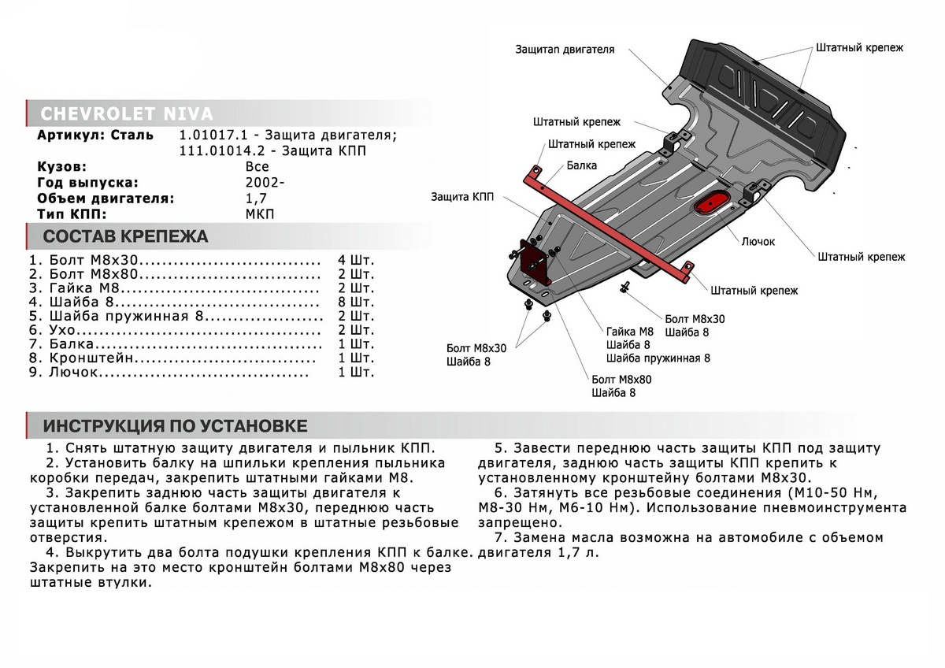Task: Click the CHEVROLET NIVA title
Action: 126,113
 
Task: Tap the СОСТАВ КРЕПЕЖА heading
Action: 125,237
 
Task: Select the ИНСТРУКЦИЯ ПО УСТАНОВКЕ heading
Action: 175,426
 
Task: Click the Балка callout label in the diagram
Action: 581,165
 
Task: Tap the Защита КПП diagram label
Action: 463,197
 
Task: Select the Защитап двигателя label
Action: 565,49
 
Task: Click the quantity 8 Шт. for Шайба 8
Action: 356,302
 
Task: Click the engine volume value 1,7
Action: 257,198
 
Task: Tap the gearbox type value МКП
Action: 261,213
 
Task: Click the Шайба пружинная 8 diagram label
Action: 658,358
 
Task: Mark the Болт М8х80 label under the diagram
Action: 621,379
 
